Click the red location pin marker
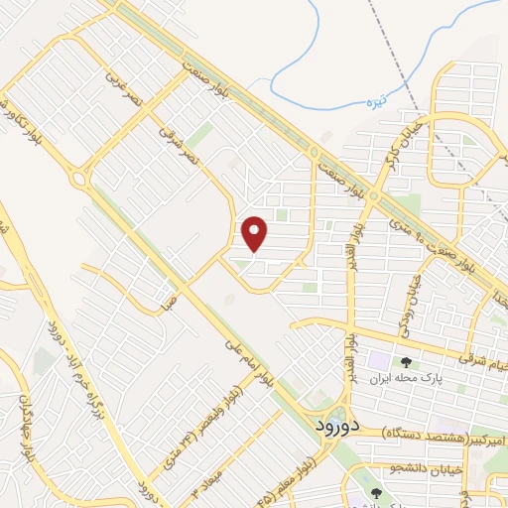click(255, 233)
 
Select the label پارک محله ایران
click(405, 378)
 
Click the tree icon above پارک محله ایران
click(405, 361)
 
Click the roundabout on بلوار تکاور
click(76, 180)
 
